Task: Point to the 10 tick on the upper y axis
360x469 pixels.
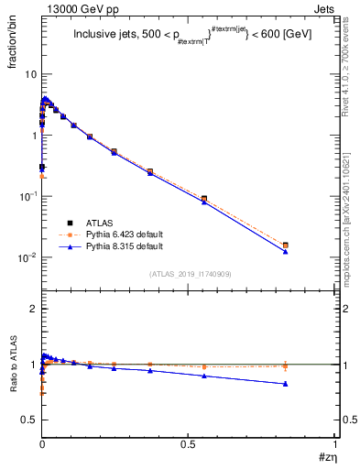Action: [x=30, y=73]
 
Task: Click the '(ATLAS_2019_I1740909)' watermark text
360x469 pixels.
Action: [x=189, y=274]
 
